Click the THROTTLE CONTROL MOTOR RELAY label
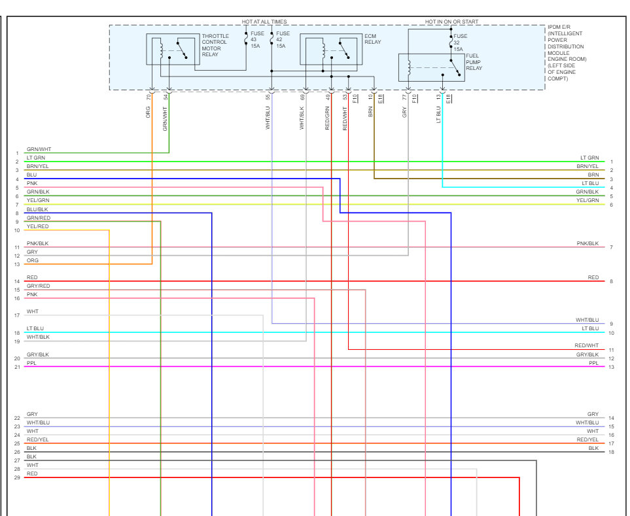coord(215,44)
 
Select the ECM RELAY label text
coord(372,39)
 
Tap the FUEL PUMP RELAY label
coord(474,63)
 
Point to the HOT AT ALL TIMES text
coord(264,22)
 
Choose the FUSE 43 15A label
coord(257,39)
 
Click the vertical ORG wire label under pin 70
coord(149,112)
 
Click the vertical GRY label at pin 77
coord(405,112)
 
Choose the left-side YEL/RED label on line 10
coord(37,226)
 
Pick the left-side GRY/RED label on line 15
coord(38,286)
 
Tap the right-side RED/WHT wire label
coord(586,345)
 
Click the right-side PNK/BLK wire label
coord(587,243)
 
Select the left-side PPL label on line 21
coord(31,362)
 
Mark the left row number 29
coord(17,477)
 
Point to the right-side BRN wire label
coord(593,175)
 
